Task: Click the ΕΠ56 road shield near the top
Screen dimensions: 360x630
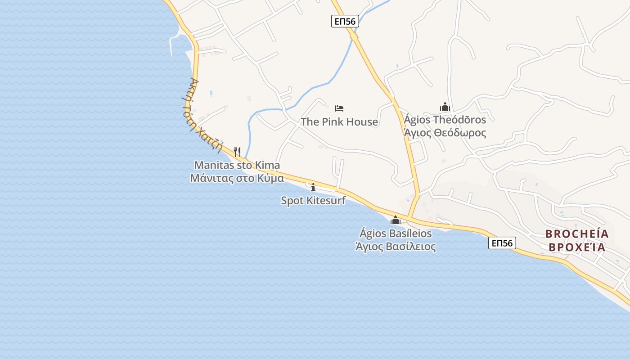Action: [x=345, y=21]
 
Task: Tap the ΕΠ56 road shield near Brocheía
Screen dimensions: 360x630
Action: [x=502, y=243]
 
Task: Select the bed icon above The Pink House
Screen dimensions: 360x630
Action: [x=339, y=108]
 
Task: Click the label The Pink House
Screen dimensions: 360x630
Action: [x=339, y=122]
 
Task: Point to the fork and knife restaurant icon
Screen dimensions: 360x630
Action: [x=237, y=152]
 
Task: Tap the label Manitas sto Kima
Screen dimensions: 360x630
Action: [x=237, y=165]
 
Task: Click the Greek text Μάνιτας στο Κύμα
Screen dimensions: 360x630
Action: [x=237, y=178]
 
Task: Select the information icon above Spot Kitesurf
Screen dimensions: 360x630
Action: [x=313, y=187]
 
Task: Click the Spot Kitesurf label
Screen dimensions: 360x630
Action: [x=313, y=201]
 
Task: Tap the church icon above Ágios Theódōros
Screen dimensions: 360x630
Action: [x=445, y=107]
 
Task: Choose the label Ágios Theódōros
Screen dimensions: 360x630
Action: [x=445, y=120]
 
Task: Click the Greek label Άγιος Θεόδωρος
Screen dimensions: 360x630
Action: [x=445, y=133]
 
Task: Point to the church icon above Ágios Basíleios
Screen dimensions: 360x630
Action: [x=396, y=220]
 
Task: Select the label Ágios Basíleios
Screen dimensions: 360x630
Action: [x=396, y=234]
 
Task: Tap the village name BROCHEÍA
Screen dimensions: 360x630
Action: [x=577, y=234]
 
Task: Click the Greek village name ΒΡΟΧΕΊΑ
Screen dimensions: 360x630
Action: [x=577, y=247]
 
